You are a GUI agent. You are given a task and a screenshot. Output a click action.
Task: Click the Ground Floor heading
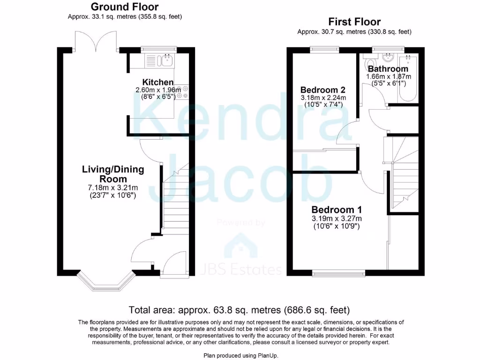pos(124,7)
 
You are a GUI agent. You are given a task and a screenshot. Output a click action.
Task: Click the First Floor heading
pos(354,22)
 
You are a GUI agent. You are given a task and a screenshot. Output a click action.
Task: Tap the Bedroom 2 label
pos(323,90)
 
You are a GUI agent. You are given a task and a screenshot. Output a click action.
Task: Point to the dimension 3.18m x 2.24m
pos(323,97)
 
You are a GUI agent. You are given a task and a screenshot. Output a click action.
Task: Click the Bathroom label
pos(388,69)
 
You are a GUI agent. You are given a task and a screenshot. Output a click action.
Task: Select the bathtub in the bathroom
pos(407,77)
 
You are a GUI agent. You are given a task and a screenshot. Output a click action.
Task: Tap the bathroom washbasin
pos(388,58)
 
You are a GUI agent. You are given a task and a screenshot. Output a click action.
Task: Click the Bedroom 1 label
pos(337,210)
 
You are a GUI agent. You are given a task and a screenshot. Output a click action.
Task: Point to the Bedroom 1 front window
pos(338,272)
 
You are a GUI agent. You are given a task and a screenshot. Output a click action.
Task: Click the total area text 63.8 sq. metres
pos(239,310)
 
